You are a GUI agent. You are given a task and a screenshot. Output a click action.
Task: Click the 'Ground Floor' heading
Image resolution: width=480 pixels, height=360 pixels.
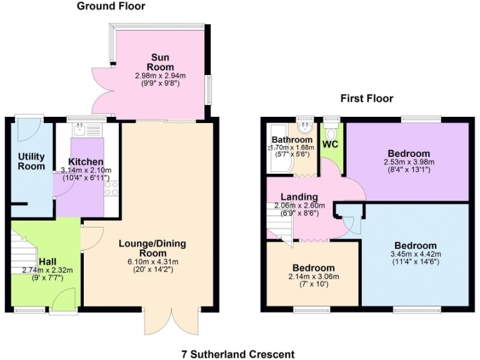click(111, 6)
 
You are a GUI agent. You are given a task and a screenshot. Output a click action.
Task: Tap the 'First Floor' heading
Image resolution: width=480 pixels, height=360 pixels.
click(366, 98)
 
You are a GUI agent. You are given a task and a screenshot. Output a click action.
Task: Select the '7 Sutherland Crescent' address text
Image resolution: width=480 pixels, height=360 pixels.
click(237, 354)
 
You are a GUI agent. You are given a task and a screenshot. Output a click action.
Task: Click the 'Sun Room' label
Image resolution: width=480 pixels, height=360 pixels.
click(161, 62)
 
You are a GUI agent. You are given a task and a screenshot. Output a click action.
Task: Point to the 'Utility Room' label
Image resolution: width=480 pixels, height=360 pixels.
click(31, 161)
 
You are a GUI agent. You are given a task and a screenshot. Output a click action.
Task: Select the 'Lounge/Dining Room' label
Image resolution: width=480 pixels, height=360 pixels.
click(152, 248)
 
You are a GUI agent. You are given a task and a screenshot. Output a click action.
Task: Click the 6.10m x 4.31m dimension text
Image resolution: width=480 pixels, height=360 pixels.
click(152, 261)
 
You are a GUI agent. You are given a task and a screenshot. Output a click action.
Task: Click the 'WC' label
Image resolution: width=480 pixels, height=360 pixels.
click(330, 144)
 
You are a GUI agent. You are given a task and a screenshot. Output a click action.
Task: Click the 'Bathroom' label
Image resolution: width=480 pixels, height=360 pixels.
click(292, 139)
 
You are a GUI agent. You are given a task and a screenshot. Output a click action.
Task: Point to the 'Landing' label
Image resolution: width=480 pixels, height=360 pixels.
click(299, 197)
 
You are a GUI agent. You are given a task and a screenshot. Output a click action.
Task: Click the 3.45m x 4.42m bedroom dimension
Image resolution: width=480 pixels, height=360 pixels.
click(415, 254)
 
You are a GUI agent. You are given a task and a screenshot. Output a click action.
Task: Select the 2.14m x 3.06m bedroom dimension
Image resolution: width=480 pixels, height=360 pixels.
click(312, 276)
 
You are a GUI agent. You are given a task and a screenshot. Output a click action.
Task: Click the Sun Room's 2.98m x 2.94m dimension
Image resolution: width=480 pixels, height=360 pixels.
click(161, 76)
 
